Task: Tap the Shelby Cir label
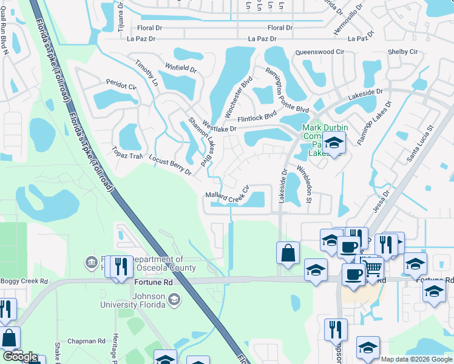pos(403,52)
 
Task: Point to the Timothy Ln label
pos(146,73)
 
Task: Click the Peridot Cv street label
pos(121,86)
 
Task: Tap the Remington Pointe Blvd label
pos(286,90)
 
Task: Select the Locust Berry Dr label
pos(170,165)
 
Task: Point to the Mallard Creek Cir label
pos(228,195)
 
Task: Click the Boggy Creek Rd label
pos(24,281)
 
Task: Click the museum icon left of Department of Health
pos(92,262)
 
